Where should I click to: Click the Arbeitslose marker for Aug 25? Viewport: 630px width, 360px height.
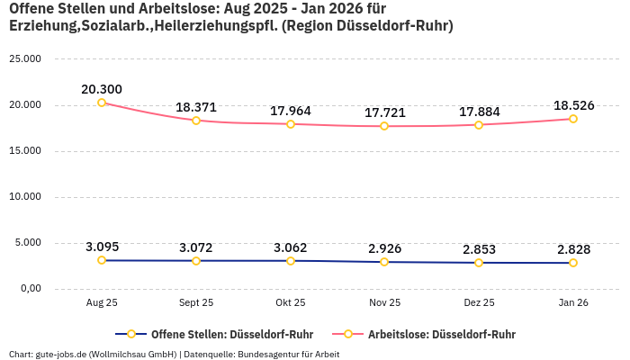(102, 103)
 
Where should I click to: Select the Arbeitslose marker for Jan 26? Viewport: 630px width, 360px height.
(572, 119)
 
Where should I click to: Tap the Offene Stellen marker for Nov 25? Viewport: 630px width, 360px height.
(384, 262)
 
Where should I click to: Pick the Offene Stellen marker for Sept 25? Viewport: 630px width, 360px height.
(196, 261)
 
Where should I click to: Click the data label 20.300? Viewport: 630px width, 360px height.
(102, 89)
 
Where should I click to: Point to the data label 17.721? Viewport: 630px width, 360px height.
(384, 112)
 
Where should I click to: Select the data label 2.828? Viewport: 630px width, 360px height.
(572, 249)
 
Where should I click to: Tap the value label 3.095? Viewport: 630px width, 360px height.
(102, 247)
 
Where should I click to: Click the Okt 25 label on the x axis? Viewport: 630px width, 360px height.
(291, 303)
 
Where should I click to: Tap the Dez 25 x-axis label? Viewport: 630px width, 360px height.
(479, 303)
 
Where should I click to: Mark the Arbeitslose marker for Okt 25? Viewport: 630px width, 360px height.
(291, 124)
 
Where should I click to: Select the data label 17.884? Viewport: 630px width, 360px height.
(479, 112)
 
